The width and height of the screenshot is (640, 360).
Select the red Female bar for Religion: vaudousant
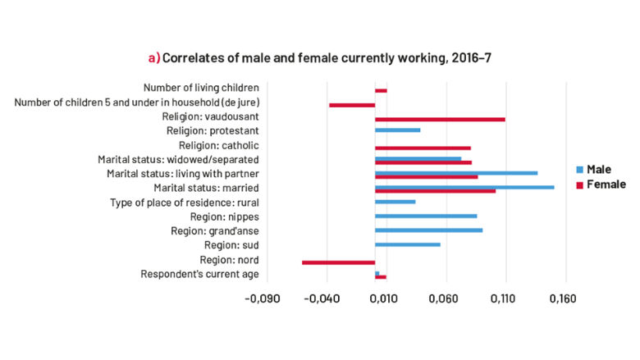click(x=440, y=120)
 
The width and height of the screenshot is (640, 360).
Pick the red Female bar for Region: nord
click(x=338, y=262)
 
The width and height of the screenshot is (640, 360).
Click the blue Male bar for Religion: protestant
click(x=397, y=130)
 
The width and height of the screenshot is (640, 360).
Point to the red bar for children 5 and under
click(x=352, y=105)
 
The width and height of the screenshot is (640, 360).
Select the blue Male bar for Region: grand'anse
click(x=428, y=230)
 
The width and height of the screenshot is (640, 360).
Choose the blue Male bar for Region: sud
click(x=408, y=244)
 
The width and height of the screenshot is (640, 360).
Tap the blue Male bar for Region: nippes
click(x=426, y=216)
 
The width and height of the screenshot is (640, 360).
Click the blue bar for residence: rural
click(x=395, y=202)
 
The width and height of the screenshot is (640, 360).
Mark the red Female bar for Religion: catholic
click(x=423, y=148)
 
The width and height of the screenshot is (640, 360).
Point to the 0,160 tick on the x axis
click(x=563, y=298)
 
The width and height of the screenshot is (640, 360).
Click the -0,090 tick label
click(x=263, y=298)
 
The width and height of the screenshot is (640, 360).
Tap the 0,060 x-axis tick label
click(x=443, y=298)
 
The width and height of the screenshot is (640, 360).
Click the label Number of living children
click(x=201, y=88)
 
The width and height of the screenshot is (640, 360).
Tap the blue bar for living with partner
click(x=456, y=172)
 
